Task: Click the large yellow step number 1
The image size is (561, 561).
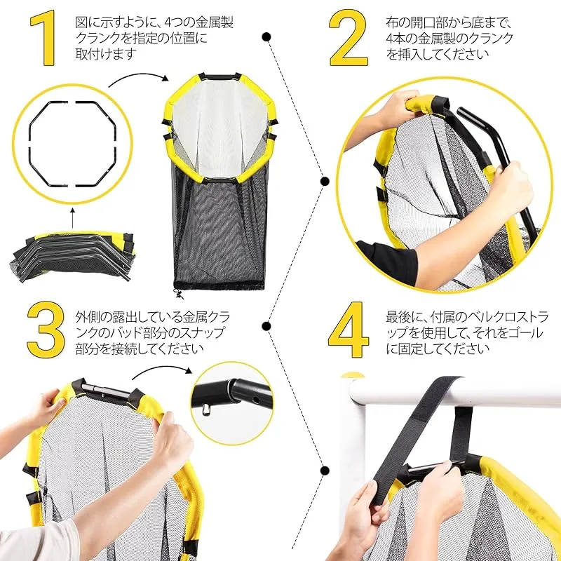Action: pyautogui.click(x=43, y=38)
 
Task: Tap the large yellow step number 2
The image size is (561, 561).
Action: pyautogui.click(x=348, y=38)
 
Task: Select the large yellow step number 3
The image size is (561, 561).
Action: pyautogui.click(x=46, y=329)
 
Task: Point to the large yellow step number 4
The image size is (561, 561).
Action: pyautogui.click(x=348, y=330)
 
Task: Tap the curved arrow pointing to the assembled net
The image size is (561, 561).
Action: pyautogui.click(x=137, y=76)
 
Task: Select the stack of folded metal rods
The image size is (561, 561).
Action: pyautogui.click(x=72, y=256)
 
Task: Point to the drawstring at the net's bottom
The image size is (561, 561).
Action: pyautogui.click(x=178, y=294)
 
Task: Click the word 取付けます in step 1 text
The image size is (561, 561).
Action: pyautogui.click(x=107, y=53)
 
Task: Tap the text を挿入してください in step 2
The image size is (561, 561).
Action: pyautogui.click(x=437, y=54)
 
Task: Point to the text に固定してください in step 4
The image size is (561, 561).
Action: pyautogui.click(x=437, y=348)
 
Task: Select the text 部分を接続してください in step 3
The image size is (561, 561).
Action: pyautogui.click(x=140, y=348)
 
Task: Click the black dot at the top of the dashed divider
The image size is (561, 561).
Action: pyautogui.click(x=266, y=37)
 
